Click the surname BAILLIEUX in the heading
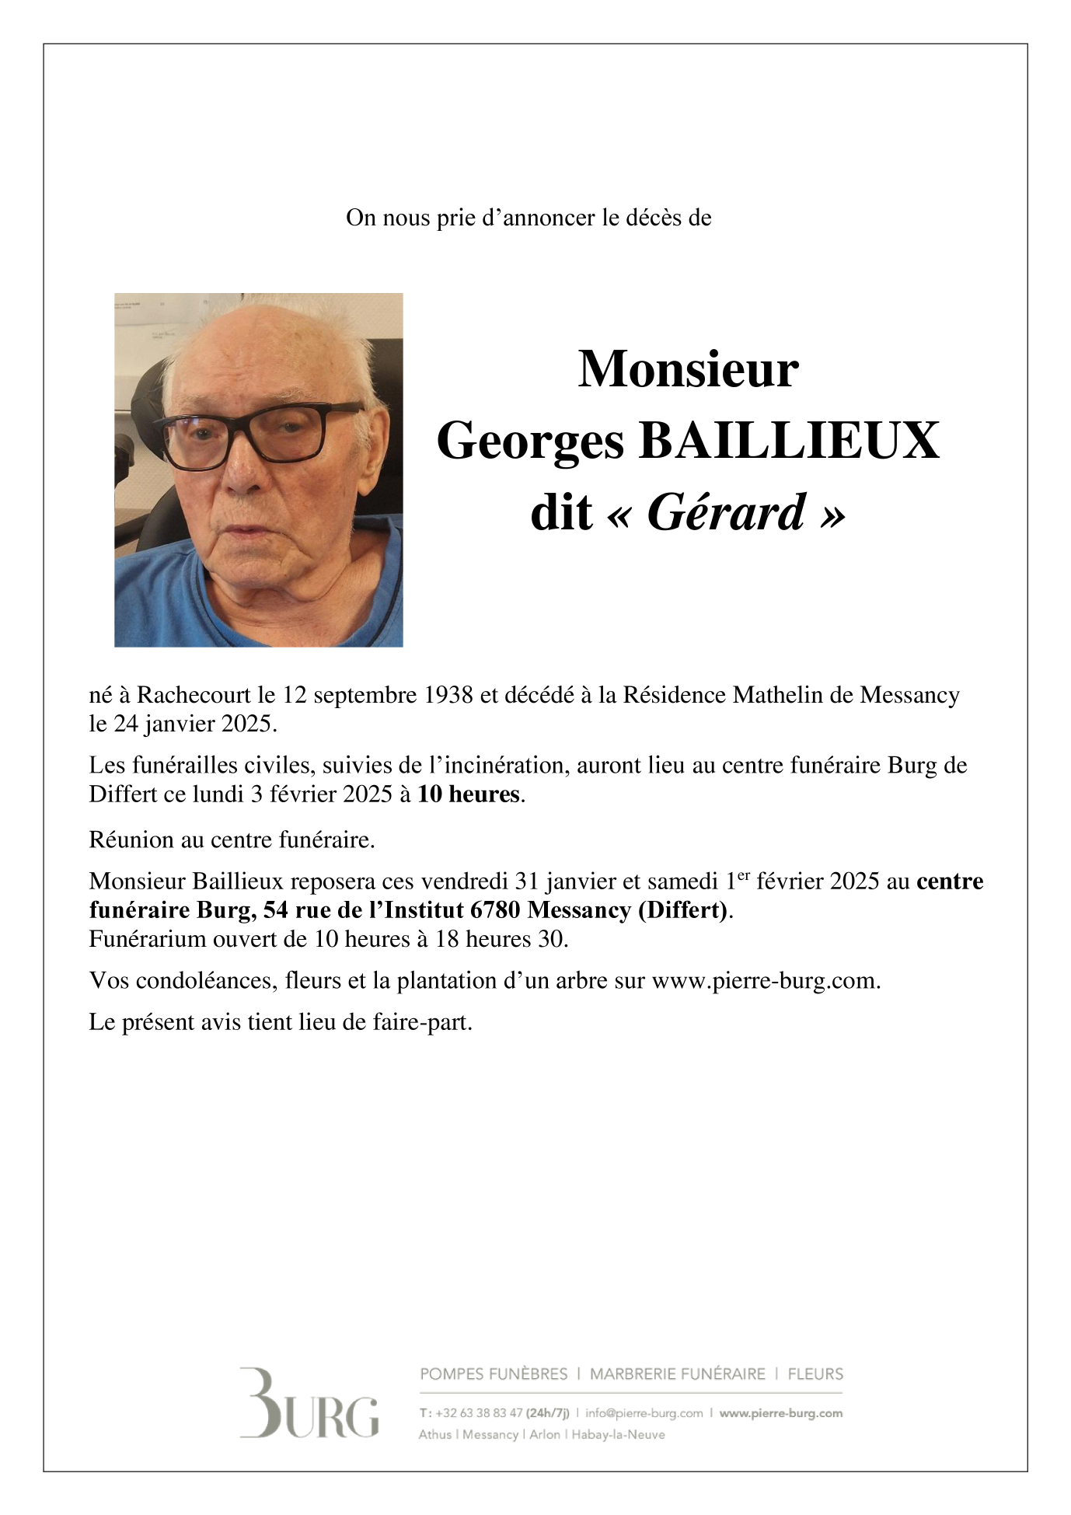[789, 441]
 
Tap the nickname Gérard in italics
[727, 513]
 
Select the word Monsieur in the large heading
[688, 369]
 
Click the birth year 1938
[448, 695]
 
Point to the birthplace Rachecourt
[194, 695]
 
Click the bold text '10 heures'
[468, 794]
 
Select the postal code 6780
[495, 910]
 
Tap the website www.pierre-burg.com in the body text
[765, 981]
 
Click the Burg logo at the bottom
[309, 1404]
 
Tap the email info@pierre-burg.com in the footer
[644, 1413]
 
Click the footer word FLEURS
[815, 1374]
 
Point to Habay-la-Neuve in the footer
[618, 1435]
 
